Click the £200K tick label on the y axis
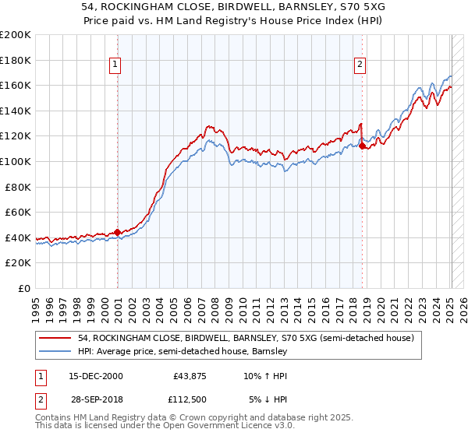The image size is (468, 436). pos(16,35)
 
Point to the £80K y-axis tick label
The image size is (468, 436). pos(18,186)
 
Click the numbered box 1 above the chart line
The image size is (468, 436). pos(115,65)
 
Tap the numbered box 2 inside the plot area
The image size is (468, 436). pos(360,65)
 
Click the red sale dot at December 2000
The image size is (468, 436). pos(117,232)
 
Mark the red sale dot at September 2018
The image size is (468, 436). pos(363,145)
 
